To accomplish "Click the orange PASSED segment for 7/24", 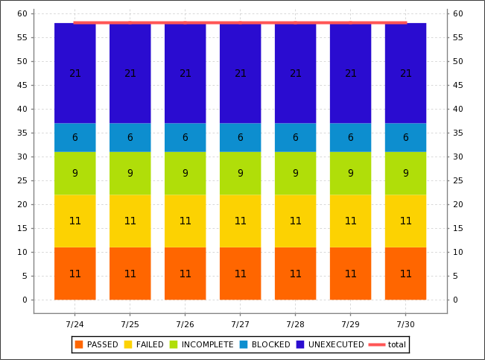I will [75, 274].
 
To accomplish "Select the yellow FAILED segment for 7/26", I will [185, 221].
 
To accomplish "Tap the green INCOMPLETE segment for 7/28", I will [295, 173].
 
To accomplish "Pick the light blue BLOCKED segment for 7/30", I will [405, 137].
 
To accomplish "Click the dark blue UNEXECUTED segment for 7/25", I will [130, 73].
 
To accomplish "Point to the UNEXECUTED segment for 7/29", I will [350, 73].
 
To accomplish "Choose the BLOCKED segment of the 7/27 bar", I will [240, 137].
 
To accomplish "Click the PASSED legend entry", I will [96, 344].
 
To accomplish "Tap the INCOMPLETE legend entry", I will [201, 344].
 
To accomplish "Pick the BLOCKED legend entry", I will [264, 344].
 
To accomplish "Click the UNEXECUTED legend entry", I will [329, 344].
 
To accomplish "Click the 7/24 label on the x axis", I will [75, 324].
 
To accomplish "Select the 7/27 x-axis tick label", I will [240, 324].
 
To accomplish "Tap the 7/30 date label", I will [405, 324].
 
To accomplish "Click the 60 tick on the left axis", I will [22, 13].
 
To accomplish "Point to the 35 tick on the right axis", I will [457, 133].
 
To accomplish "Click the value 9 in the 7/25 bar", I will [130, 173].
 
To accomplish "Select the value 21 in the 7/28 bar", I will [295, 73].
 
